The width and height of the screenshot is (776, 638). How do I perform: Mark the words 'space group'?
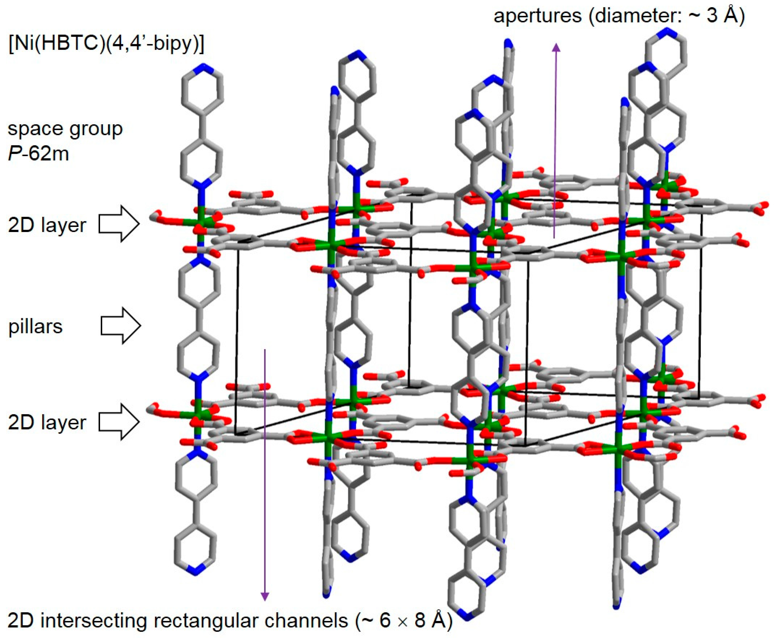click(65, 129)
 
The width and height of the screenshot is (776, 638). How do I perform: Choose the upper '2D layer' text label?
click(47, 225)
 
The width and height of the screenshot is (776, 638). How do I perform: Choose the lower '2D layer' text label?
click(47, 422)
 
